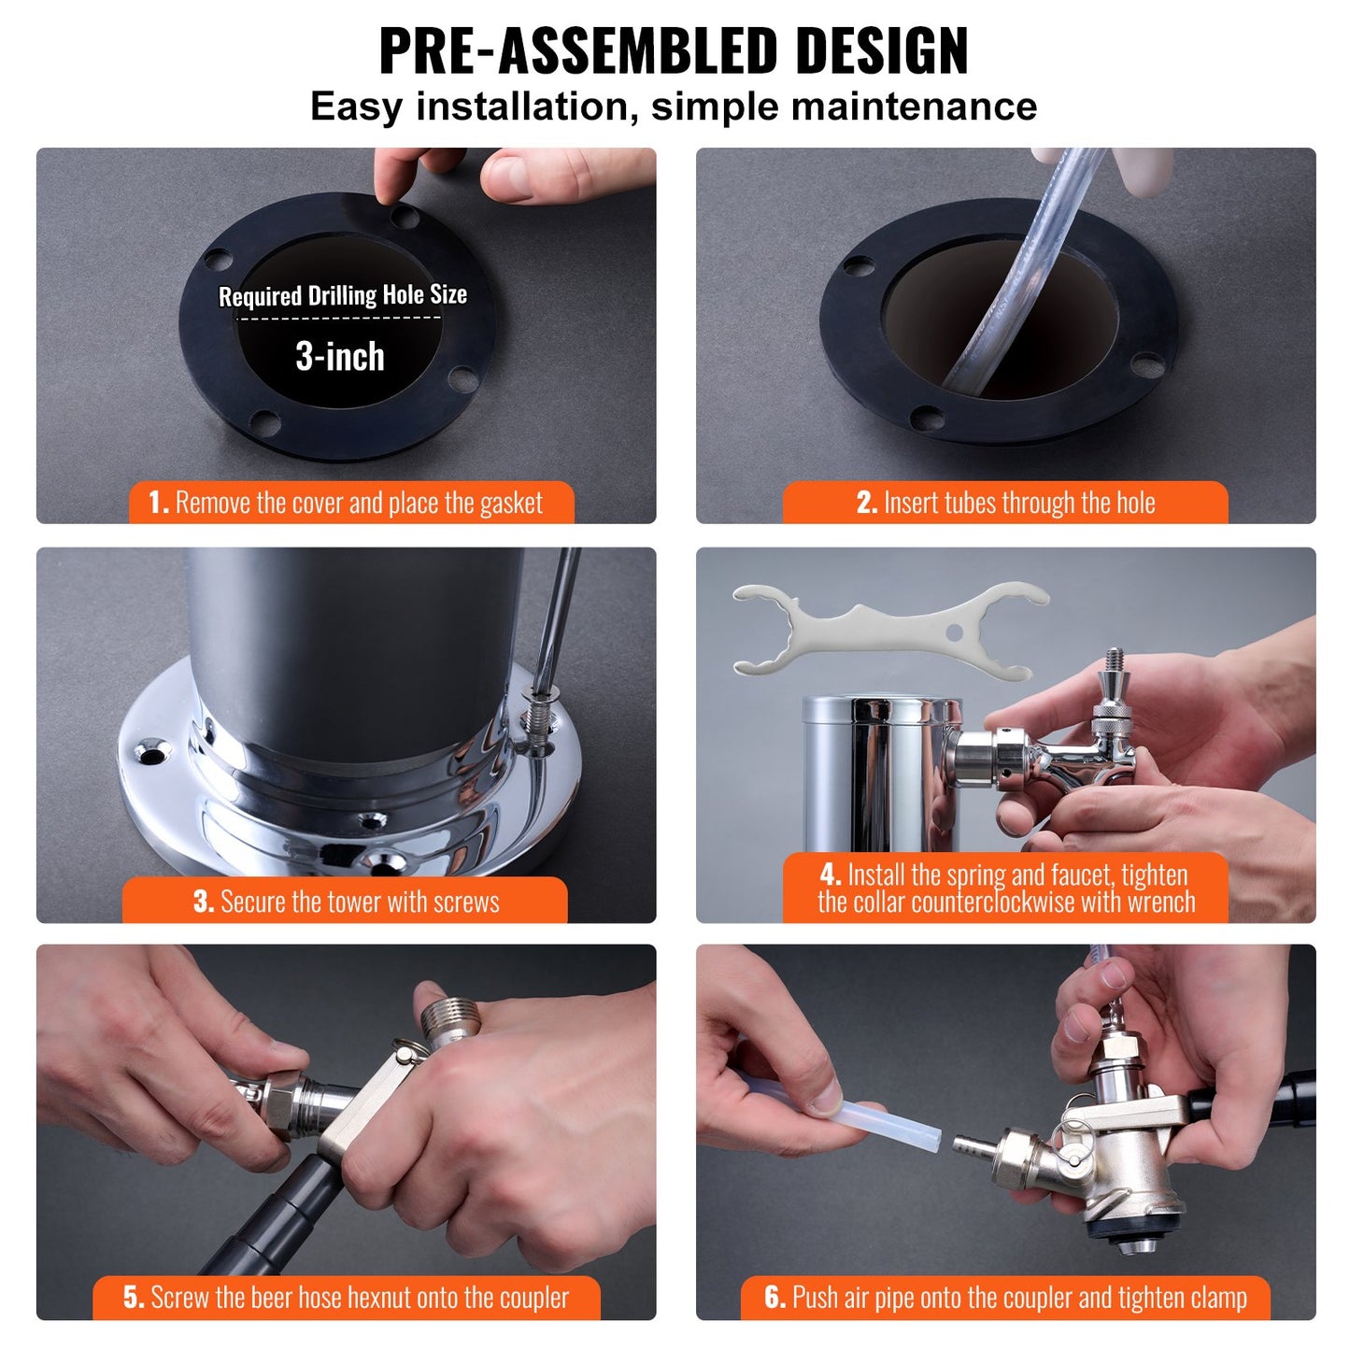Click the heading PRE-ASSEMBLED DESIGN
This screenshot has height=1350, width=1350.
[x=674, y=50]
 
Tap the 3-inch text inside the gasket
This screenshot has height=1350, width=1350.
[x=340, y=357]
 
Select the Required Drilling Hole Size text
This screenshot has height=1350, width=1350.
[x=342, y=295]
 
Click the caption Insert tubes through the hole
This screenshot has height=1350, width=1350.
[x=1005, y=503]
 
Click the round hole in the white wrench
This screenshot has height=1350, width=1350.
[x=953, y=632]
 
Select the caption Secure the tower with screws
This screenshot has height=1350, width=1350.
[x=346, y=902]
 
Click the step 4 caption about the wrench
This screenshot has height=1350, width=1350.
[x=1005, y=888]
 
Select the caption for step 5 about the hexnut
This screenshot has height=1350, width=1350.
[x=346, y=1298]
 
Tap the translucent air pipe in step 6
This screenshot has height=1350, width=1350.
[x=878, y=1121]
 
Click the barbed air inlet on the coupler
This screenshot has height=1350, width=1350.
[x=972, y=1144]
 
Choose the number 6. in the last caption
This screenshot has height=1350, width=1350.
[x=774, y=1298]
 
